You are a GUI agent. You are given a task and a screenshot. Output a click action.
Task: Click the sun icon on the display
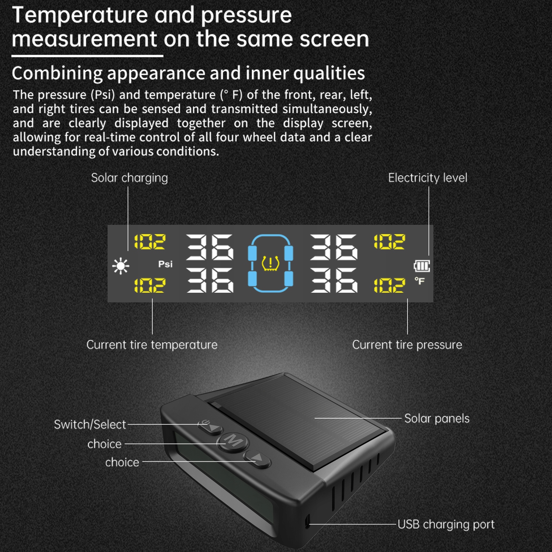121,266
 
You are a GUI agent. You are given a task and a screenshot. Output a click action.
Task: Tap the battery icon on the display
422,266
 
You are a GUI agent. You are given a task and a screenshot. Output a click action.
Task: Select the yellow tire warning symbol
270,263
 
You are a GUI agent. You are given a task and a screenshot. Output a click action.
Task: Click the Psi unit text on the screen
165,264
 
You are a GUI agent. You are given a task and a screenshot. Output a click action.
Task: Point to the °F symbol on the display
420,281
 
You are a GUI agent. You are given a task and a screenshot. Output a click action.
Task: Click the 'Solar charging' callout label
129,178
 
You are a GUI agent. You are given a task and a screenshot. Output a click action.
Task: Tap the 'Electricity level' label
428,178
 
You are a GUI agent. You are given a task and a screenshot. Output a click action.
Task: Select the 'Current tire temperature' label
152,345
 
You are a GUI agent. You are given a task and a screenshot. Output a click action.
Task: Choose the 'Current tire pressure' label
407,345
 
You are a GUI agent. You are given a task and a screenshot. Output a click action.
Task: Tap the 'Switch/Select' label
90,424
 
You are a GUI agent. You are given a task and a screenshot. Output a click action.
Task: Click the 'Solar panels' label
437,419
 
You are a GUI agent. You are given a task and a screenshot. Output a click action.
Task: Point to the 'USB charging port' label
446,524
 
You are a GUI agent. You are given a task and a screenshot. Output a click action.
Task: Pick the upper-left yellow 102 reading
150,242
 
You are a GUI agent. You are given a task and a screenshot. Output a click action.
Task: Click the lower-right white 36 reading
334,280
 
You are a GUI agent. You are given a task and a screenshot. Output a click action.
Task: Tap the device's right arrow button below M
257,458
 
